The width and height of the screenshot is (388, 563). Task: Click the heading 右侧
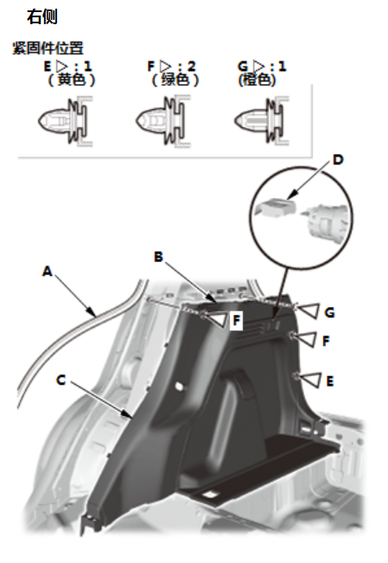42,17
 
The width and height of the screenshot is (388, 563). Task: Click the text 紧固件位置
48,48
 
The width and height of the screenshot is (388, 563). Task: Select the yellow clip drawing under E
66,121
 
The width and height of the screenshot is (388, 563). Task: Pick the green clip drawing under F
163,121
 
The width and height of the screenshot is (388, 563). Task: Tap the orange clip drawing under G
262,121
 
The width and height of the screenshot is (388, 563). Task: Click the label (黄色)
72,80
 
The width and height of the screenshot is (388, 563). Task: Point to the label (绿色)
175,80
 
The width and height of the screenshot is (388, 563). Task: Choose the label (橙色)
257,80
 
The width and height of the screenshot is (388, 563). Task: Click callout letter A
47,271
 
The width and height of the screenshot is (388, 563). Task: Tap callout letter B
158,257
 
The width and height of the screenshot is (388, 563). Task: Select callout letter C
61,380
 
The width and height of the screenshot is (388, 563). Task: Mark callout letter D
338,160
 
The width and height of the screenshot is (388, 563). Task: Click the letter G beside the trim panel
329,313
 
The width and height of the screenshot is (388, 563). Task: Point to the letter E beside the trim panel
330,381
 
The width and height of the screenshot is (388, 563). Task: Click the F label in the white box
237,320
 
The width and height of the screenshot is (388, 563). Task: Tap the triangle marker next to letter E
309,380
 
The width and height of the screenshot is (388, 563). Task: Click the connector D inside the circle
276,208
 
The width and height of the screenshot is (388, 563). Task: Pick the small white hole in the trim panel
178,386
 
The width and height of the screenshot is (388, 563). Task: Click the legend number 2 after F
191,66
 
